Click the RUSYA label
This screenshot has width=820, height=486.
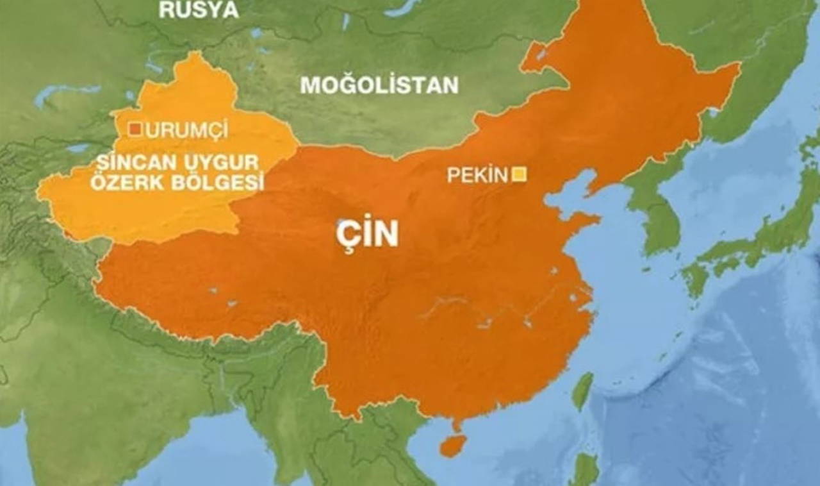[199, 10]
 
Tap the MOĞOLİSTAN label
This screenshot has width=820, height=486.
[379, 85]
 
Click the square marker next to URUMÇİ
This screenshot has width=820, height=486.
[135, 130]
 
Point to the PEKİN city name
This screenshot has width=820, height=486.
[477, 174]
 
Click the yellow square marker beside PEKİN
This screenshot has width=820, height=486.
[519, 174]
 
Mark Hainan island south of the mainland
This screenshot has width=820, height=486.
[453, 445]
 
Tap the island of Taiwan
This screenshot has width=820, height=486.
[582, 390]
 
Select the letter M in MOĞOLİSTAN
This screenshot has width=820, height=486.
[310, 85]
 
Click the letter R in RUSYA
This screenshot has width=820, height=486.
[167, 10]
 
